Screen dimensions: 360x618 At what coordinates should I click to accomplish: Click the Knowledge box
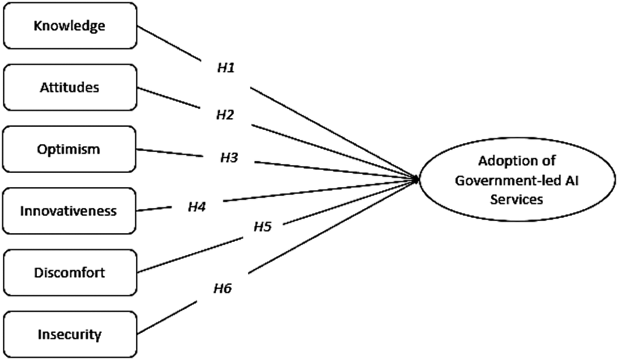[x=69, y=26]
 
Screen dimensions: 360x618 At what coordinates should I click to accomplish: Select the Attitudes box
[x=69, y=87]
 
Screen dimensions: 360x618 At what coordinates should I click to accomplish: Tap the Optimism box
[x=69, y=149]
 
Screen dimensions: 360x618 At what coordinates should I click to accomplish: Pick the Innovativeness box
[x=69, y=211]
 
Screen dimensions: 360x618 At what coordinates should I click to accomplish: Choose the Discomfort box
[x=69, y=272]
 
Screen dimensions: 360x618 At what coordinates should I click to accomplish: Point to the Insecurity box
[x=69, y=334]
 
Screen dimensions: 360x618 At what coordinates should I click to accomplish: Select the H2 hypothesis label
[x=225, y=115]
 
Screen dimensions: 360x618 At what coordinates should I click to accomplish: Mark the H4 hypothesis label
[x=197, y=207]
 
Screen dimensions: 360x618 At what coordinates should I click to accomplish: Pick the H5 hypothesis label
[x=263, y=227]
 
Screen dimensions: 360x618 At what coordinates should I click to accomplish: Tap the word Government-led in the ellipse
[x=502, y=180]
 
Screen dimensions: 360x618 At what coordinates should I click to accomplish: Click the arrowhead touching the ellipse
[x=417, y=179]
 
